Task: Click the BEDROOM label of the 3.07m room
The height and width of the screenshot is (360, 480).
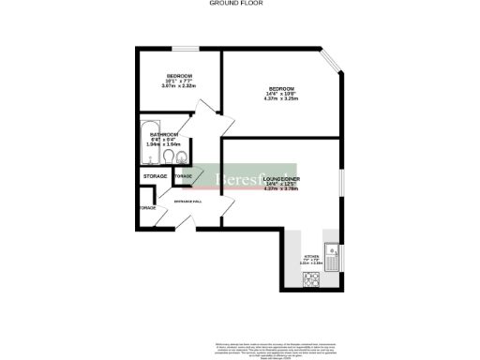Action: tap(179, 75)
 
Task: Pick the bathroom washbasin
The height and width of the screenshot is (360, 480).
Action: tap(184, 157)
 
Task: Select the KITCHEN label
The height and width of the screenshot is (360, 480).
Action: tap(310, 256)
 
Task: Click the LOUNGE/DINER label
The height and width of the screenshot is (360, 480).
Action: tap(280, 177)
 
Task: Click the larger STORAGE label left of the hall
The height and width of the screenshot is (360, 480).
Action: tap(155, 176)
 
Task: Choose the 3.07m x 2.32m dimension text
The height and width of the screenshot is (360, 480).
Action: tap(179, 86)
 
